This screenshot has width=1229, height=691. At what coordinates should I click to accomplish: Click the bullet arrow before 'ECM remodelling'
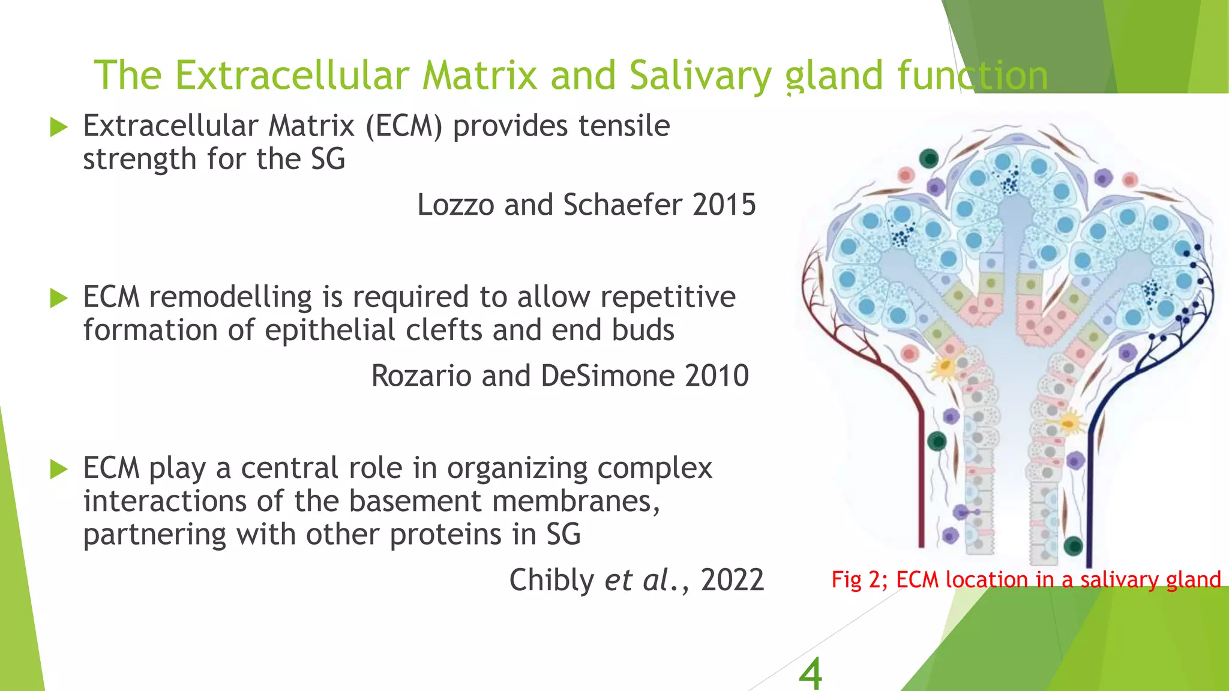pos(59,298)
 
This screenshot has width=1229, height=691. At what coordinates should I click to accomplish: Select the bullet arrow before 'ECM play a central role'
pos(59,469)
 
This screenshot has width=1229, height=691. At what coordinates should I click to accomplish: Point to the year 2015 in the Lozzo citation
pos(724,205)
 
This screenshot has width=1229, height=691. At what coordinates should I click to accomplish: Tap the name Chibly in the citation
pos(551,580)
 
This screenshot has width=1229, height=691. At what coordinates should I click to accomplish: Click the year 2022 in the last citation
pos(732,580)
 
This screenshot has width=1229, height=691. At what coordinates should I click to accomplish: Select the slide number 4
pos(810,673)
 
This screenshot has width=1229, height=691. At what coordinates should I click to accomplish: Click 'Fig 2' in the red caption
pos(855,579)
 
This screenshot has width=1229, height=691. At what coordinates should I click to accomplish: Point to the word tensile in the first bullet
pos(624,126)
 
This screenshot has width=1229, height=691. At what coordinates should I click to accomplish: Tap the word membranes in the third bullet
pos(576,501)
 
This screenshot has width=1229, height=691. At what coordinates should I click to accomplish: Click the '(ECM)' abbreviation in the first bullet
pos(404,126)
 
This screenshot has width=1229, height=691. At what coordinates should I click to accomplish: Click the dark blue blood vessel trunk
pos(1089,480)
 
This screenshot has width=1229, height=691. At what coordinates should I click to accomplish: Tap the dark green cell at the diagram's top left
pos(929,159)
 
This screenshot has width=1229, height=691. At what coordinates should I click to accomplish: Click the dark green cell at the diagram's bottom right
pos(1073,546)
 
